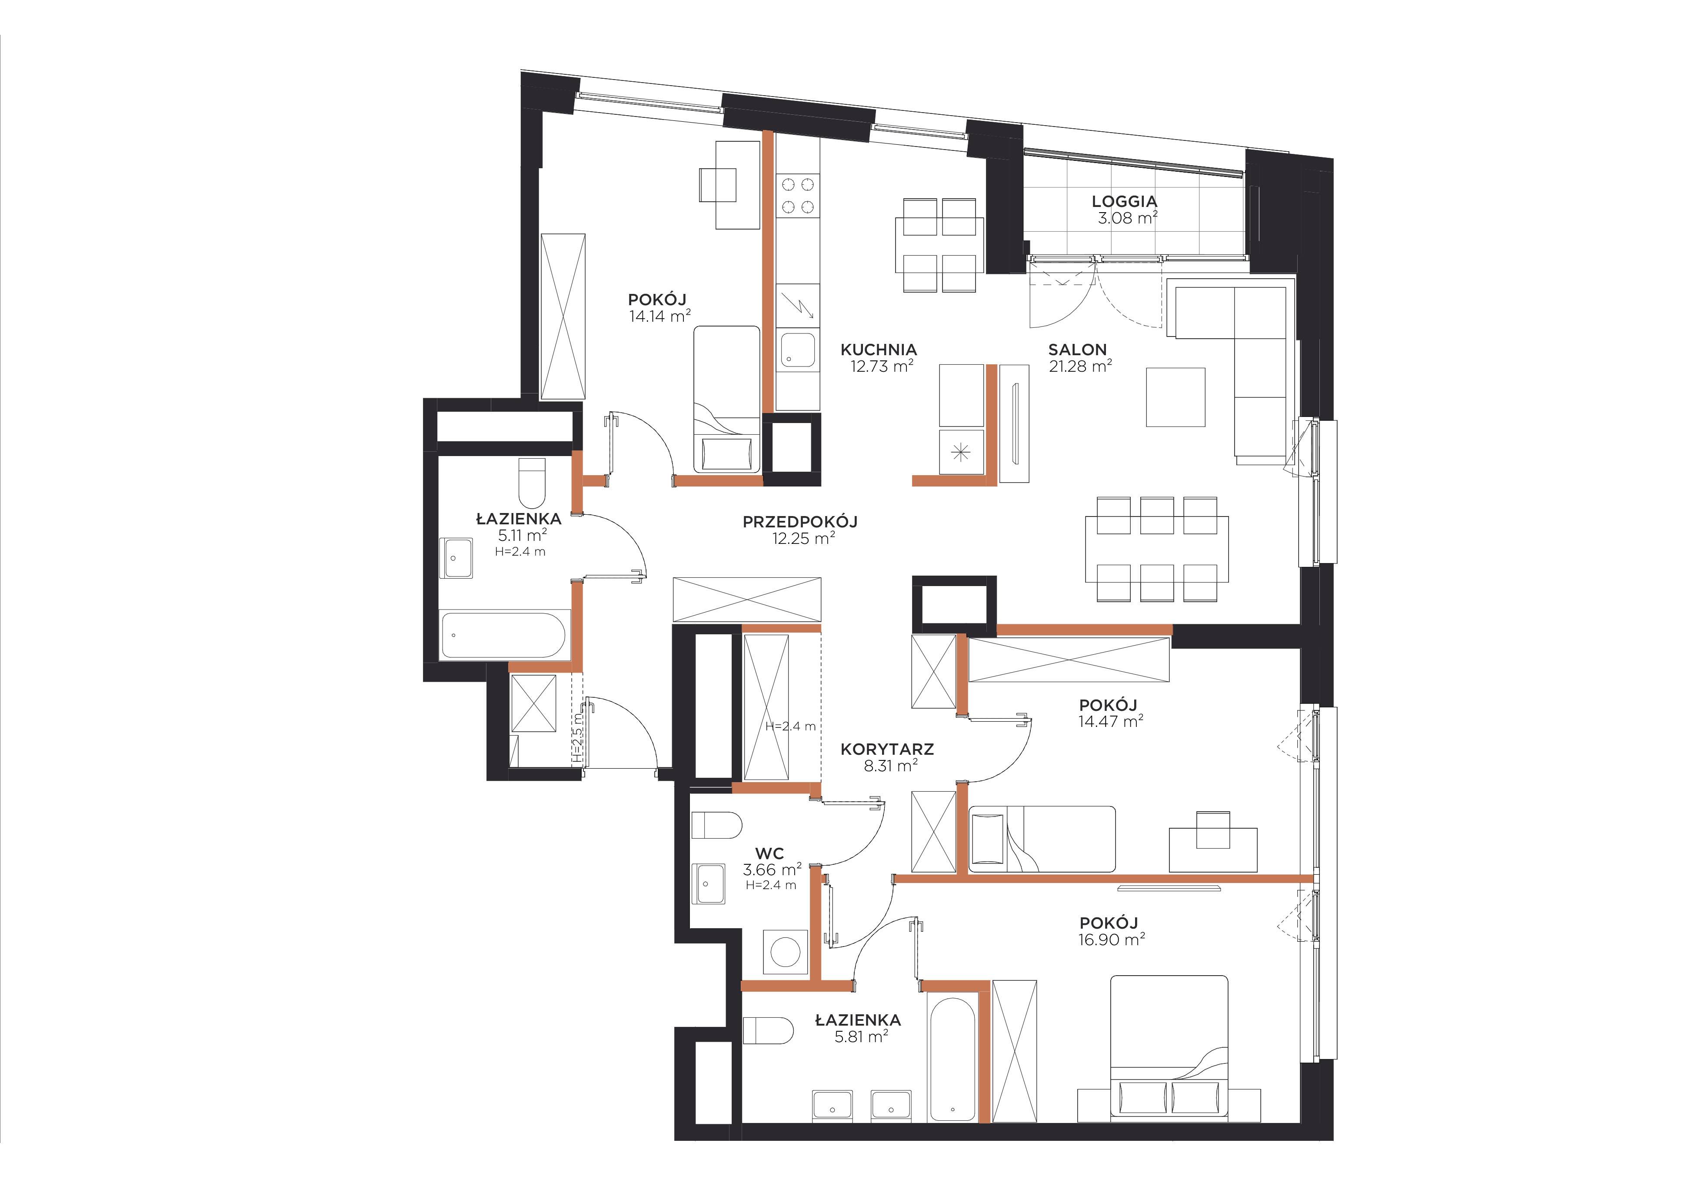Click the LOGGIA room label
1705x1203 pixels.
[1124, 201]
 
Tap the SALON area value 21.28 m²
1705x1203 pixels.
[1080, 365]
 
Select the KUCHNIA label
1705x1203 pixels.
[879, 349]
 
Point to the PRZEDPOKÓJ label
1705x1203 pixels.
[800, 522]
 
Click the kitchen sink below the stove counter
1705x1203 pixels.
[798, 350]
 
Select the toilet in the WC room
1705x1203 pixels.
[716, 825]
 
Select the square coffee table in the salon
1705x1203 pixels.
[1176, 397]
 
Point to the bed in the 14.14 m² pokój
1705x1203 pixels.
[727, 400]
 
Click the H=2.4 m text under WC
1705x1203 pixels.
[771, 885]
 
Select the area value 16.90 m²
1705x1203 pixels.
[1112, 940]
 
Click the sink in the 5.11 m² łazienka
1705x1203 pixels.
[456, 558]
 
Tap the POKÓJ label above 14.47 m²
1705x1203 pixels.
[1108, 705]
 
